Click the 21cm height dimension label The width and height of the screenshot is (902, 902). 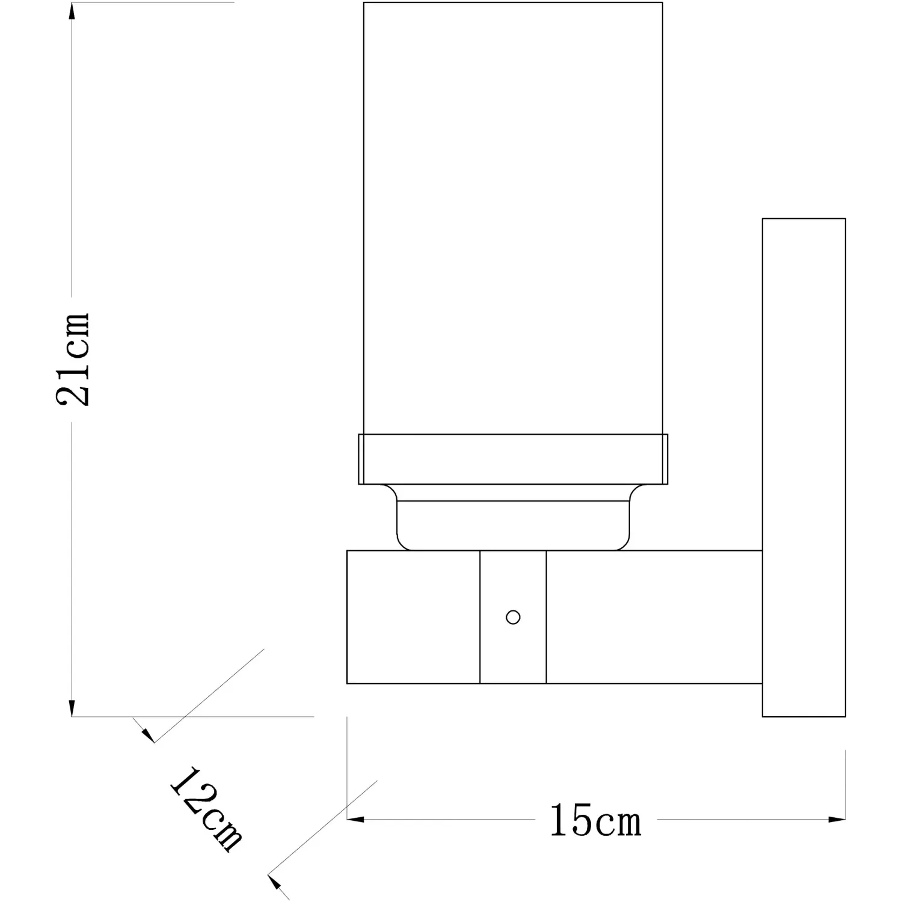click(x=73, y=359)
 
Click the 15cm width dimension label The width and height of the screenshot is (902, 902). click(x=595, y=820)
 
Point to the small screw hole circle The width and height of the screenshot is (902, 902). click(x=513, y=617)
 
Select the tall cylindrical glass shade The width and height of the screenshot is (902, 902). click(x=513, y=218)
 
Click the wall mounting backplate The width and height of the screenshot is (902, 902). click(x=803, y=467)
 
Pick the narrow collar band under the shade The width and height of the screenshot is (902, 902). click(x=513, y=459)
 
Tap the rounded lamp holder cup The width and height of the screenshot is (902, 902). click(x=513, y=517)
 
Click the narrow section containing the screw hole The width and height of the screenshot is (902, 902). click(x=513, y=617)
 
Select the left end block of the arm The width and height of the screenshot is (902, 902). click(x=413, y=617)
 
